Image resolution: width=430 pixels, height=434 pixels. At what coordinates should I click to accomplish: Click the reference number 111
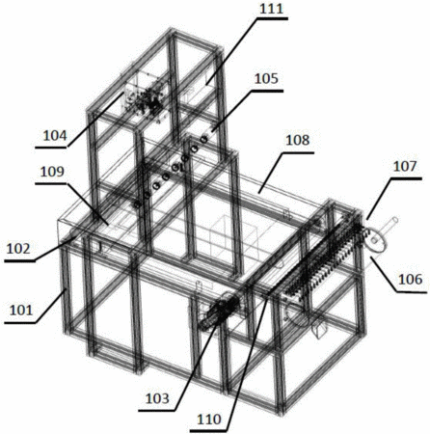(x=272, y=9)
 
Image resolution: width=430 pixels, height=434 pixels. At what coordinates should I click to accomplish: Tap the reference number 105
(x=266, y=79)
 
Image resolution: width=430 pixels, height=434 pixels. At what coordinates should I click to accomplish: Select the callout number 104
(x=55, y=136)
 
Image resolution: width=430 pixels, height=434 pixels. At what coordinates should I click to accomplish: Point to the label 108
(x=298, y=140)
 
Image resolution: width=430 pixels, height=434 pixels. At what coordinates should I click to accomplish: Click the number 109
(x=52, y=172)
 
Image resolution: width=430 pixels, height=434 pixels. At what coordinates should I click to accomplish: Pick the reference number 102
(x=18, y=249)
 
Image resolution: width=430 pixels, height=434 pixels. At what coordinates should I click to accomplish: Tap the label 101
(x=21, y=311)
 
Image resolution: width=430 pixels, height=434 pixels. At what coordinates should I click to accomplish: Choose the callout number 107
(x=405, y=166)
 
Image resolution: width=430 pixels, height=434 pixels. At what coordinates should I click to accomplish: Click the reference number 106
(x=411, y=280)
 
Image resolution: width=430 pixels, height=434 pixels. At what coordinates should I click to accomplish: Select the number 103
(x=157, y=398)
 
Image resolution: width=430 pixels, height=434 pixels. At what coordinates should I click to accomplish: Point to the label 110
(x=209, y=420)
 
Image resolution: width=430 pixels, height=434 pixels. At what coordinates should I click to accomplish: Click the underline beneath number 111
(x=272, y=18)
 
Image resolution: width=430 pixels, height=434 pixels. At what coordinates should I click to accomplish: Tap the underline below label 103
(x=157, y=411)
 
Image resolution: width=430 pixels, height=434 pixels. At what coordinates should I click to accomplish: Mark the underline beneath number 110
(x=209, y=430)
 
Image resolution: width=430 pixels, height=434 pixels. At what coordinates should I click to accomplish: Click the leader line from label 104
(x=94, y=120)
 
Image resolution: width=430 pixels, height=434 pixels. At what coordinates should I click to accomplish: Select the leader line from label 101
(x=50, y=306)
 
